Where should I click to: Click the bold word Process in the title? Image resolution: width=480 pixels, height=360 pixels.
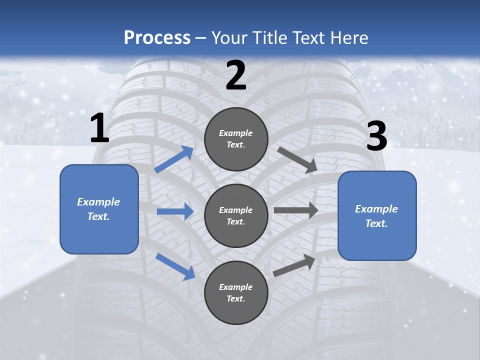(157, 37)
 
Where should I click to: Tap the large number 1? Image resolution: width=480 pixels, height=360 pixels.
(99, 128)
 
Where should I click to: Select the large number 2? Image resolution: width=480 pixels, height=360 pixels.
(236, 75)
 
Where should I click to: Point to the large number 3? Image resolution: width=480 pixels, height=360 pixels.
(377, 136)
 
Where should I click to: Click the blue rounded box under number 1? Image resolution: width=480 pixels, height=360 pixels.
(99, 209)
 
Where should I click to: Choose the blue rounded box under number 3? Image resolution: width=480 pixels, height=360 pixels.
(377, 215)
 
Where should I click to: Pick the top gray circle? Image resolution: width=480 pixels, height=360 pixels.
(236, 139)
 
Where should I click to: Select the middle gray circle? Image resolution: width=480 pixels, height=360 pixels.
(236, 215)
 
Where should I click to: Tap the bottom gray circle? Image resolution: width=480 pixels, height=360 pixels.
(236, 292)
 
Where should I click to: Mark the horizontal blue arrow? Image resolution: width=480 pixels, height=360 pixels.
(175, 211)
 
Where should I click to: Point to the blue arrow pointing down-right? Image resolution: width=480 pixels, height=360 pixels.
(175, 266)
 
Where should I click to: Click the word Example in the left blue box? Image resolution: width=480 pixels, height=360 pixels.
(98, 202)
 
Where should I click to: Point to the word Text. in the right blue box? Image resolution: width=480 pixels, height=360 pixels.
(376, 223)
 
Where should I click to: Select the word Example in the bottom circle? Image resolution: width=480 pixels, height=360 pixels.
(236, 287)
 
